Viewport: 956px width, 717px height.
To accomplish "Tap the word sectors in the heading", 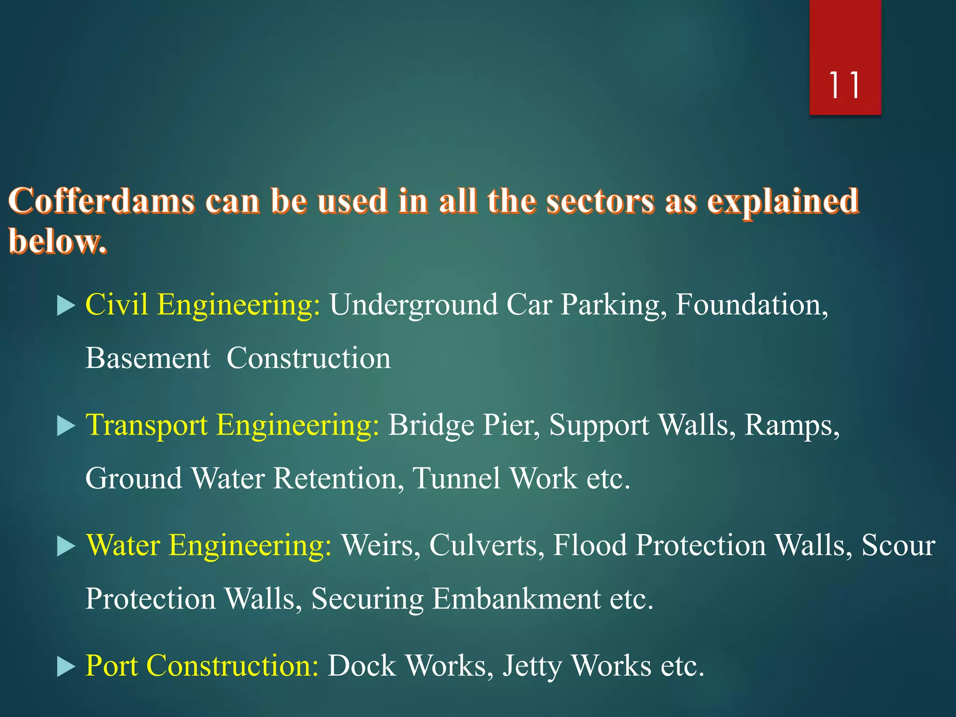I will pyautogui.click(x=600, y=202).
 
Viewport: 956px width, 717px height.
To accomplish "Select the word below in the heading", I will pyautogui.click(x=57, y=241).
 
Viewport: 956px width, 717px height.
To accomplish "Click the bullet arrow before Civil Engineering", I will pyautogui.click(x=66, y=306).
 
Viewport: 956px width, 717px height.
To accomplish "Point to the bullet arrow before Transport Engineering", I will pyautogui.click(x=66, y=426).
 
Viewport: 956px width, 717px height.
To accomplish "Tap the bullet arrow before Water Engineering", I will pyautogui.click(x=66, y=546).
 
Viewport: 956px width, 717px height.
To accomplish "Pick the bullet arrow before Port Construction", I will pyautogui.click(x=66, y=667).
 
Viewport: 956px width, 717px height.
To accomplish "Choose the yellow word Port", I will pyautogui.click(x=112, y=666).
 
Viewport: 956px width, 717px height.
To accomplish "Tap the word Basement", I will pyautogui.click(x=148, y=358).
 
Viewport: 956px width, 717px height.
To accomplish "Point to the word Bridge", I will pyautogui.click(x=431, y=425).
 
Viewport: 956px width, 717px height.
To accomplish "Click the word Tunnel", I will pyautogui.click(x=457, y=478).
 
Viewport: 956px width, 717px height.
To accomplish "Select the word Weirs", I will pyautogui.click(x=378, y=545).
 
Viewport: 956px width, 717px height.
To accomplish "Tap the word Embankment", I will pyautogui.click(x=516, y=599).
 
